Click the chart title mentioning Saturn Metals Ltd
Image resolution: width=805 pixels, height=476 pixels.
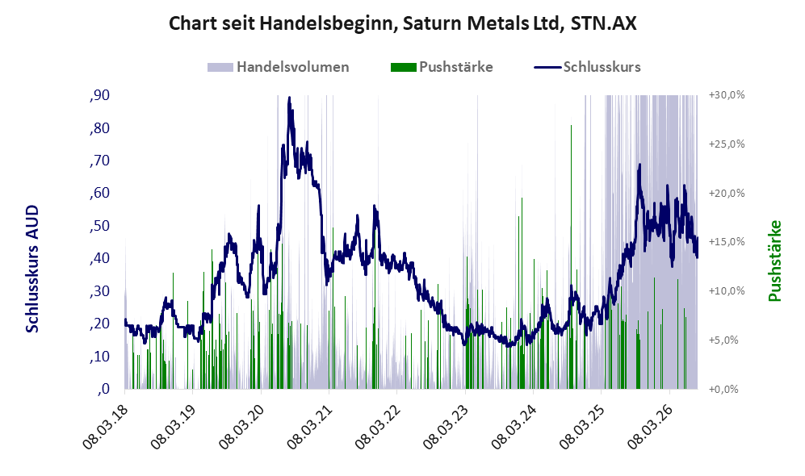402,23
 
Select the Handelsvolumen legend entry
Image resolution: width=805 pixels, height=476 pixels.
279,67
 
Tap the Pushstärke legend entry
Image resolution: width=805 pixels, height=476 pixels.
442,67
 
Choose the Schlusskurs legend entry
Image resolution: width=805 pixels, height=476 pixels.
587,67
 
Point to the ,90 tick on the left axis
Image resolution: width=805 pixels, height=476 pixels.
99,95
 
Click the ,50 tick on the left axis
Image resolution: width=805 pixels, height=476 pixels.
99,226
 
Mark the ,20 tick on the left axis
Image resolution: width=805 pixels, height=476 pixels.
99,324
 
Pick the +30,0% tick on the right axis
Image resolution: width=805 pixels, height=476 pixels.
727,95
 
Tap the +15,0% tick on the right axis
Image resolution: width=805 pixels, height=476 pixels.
727,241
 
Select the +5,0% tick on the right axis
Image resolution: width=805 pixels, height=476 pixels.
724,340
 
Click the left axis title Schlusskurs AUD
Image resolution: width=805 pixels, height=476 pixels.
32,269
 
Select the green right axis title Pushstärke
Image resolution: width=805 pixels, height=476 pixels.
774,261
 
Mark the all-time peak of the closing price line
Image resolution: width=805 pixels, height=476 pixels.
290,98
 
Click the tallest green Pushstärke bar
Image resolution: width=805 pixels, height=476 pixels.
572,257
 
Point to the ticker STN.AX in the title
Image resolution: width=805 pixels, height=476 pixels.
603,23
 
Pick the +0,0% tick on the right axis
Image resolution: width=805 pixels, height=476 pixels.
724,390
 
